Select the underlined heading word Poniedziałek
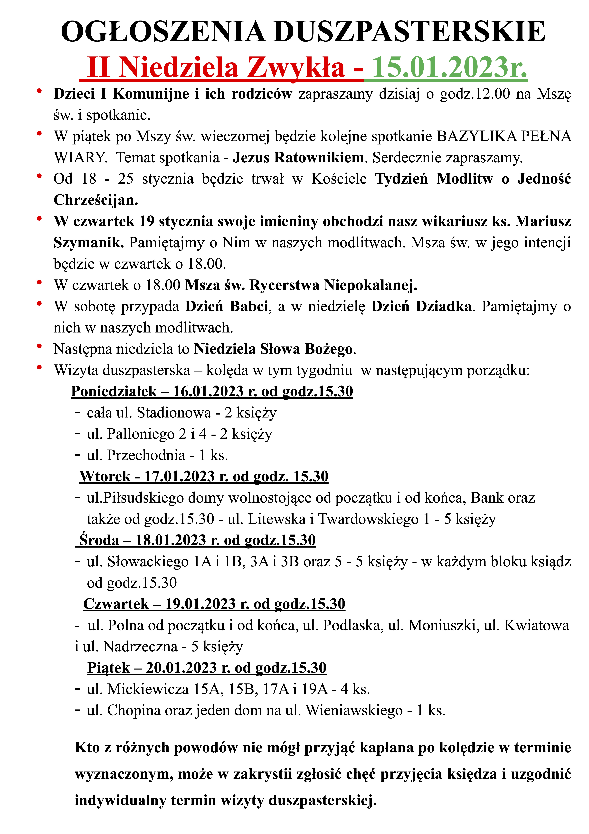[x=114, y=391]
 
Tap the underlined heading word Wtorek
[x=105, y=476]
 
